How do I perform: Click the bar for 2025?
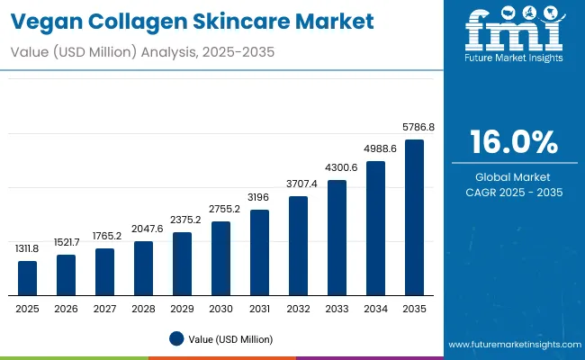[x=28, y=277]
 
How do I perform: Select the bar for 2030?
[x=220, y=257]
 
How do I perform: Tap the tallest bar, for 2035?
[x=414, y=217]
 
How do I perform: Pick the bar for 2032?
[x=298, y=245]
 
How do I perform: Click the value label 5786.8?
[x=418, y=128]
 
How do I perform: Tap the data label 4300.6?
[x=337, y=168]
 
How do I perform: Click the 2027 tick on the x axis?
[x=105, y=308]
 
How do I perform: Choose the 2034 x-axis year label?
[x=375, y=308]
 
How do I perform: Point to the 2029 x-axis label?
[x=182, y=308]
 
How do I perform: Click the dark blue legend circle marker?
[x=176, y=338]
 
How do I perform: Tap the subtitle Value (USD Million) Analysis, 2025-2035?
[x=142, y=53]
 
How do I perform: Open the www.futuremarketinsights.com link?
[x=513, y=345]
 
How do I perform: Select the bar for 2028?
[x=144, y=267]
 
